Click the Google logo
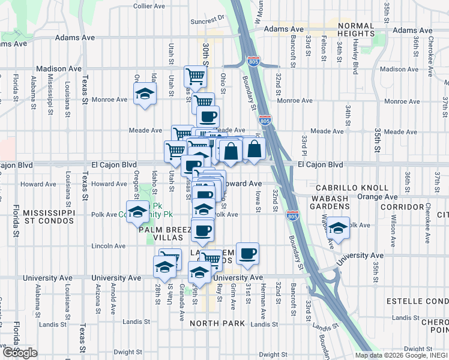(19, 352)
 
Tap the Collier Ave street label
(149, 6)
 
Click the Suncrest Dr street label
(206, 20)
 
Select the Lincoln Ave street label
(108, 246)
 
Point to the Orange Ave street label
(377, 196)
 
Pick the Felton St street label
(324, 44)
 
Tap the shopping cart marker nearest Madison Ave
(196, 76)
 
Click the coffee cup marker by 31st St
(247, 253)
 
